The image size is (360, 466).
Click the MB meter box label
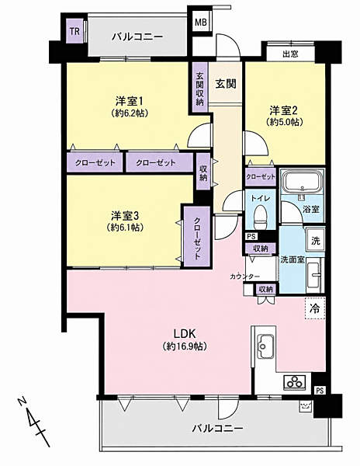(x=201, y=23)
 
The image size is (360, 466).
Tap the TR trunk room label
(x=74, y=31)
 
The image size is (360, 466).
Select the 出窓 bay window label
(x=290, y=54)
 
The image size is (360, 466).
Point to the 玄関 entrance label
(x=226, y=84)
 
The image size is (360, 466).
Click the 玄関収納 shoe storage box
(x=199, y=88)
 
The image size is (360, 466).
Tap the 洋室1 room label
(x=130, y=102)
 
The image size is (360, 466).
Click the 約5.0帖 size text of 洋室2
(x=284, y=122)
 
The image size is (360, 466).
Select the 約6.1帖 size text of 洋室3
(x=125, y=227)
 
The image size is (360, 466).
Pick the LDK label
(x=185, y=334)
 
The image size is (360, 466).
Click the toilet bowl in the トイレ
(x=261, y=217)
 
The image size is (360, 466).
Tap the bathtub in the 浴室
(x=302, y=181)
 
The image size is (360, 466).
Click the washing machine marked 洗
(x=315, y=240)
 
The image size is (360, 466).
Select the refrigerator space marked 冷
(x=315, y=308)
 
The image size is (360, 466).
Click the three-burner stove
(x=295, y=382)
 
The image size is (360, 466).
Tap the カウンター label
(x=245, y=276)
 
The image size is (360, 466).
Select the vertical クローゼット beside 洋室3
(x=197, y=237)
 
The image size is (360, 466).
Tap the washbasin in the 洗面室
(x=313, y=275)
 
